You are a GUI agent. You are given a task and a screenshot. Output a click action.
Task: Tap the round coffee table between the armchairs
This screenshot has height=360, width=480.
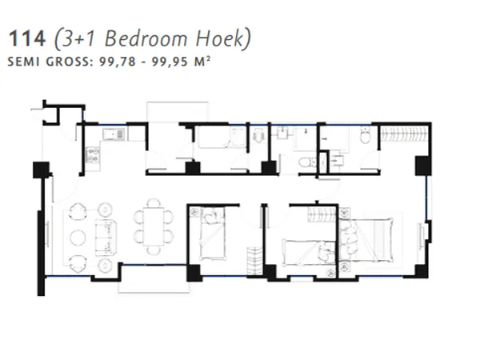click(x=78, y=237)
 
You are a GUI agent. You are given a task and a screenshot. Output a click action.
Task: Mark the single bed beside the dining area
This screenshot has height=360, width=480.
click(x=212, y=234)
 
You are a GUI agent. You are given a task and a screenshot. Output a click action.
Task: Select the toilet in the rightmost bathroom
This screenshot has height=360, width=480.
click(x=365, y=138)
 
